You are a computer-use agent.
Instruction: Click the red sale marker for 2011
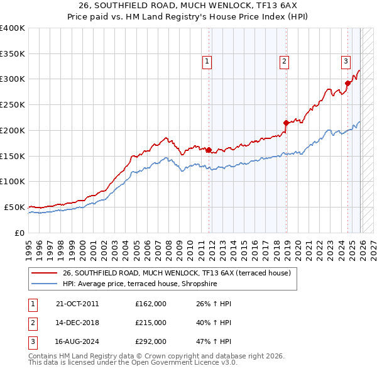(209, 150)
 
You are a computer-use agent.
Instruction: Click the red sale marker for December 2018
(286, 123)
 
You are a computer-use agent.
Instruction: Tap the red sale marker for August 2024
(347, 83)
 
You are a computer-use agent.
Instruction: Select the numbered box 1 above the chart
(207, 61)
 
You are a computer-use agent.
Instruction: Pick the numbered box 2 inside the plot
(284, 61)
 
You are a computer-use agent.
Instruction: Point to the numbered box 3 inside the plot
(346, 61)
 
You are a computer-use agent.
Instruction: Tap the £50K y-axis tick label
(14, 207)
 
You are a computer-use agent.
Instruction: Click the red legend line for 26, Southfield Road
(45, 274)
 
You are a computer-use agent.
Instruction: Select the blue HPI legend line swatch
(45, 284)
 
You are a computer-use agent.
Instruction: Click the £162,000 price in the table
(151, 304)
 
